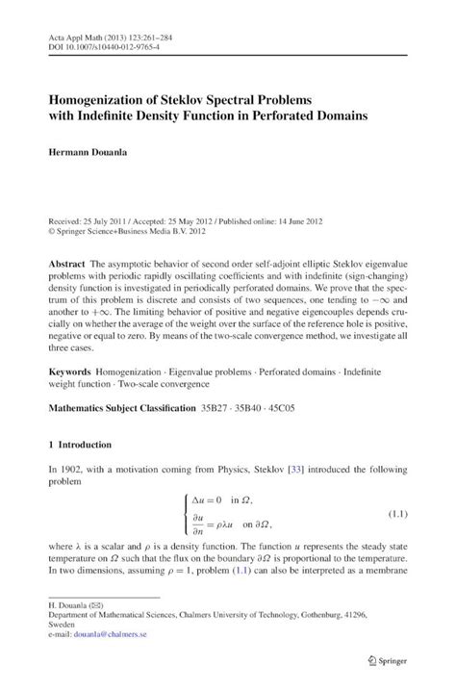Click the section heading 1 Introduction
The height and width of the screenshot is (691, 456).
click(80, 446)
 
